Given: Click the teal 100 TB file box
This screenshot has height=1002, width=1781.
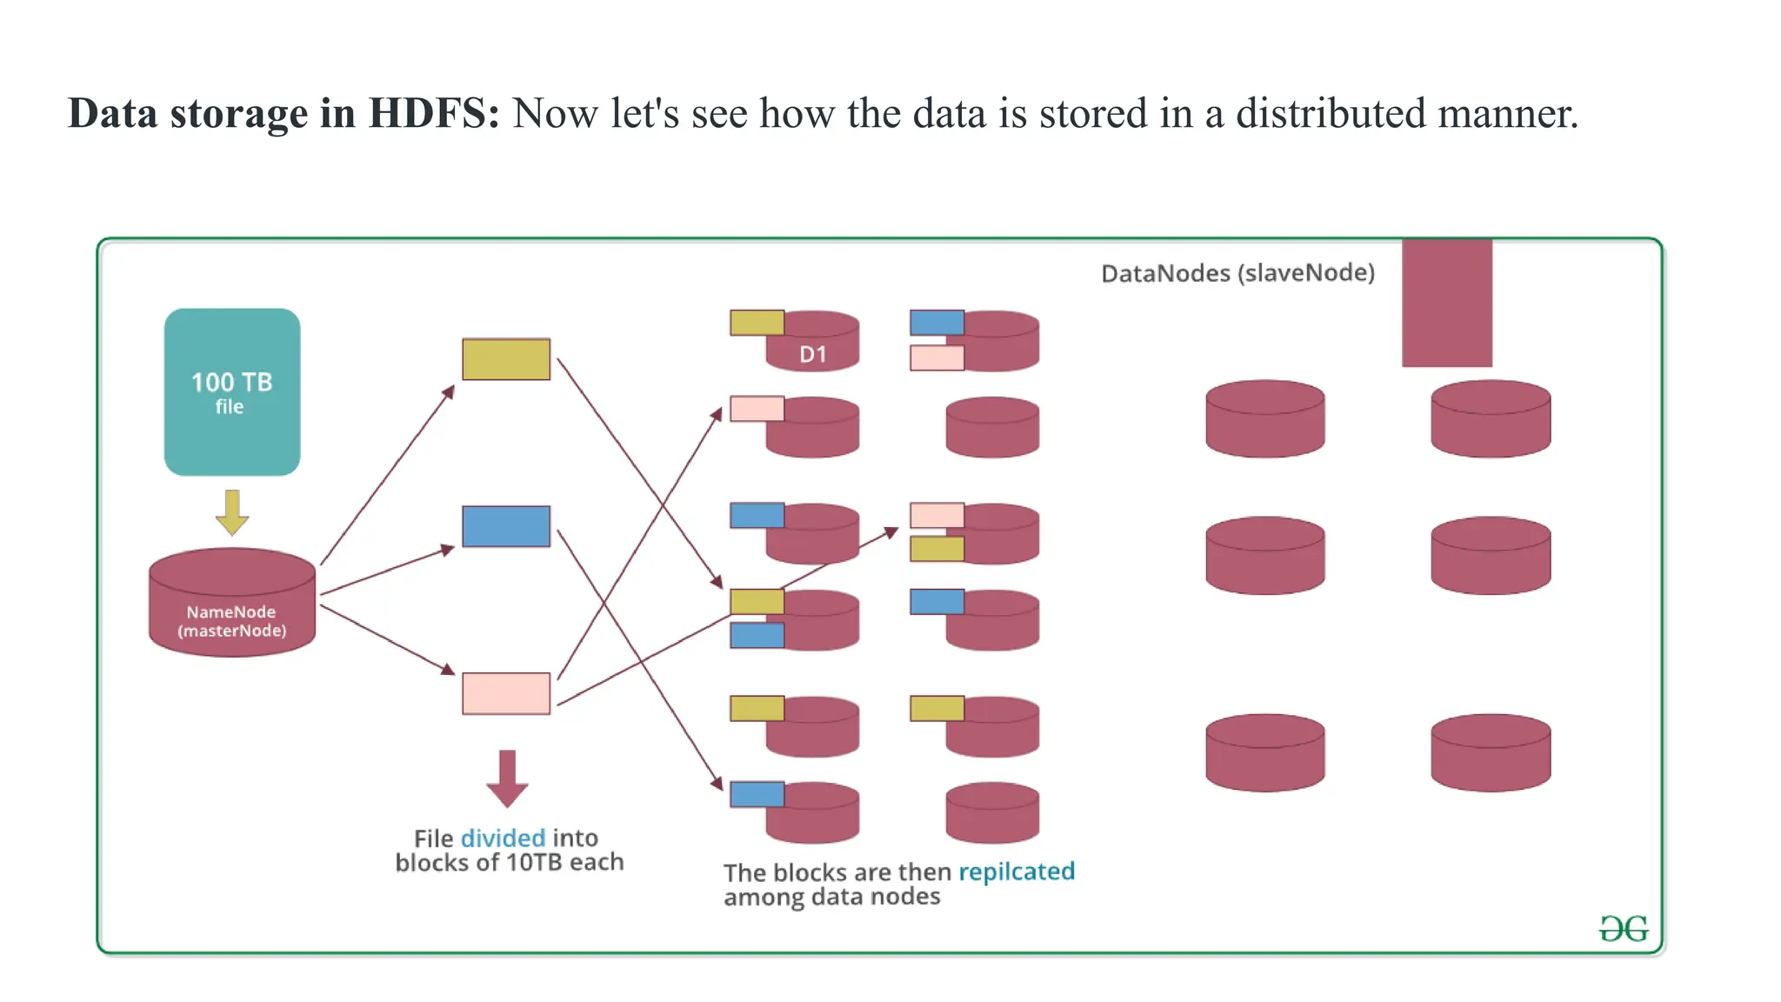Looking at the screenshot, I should [x=232, y=391].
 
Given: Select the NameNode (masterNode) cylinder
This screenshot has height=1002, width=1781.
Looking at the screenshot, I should [x=232, y=603].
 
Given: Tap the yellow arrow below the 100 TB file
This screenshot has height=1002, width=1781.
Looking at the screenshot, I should [x=232, y=512].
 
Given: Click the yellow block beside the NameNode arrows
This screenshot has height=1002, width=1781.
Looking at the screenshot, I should [x=506, y=359].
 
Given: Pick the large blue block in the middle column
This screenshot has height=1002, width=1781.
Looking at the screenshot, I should [x=506, y=526].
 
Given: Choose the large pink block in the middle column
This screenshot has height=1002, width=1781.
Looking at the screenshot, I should [x=506, y=693].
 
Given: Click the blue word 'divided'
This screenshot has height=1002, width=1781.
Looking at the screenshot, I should [x=503, y=838].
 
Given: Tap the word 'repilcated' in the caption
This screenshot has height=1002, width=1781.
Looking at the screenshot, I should [x=1017, y=871].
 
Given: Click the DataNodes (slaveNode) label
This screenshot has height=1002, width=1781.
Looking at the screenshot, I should [x=1237, y=273].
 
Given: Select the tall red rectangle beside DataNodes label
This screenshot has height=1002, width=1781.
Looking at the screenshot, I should [x=1447, y=303].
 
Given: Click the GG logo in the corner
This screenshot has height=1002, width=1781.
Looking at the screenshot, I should [x=1624, y=929].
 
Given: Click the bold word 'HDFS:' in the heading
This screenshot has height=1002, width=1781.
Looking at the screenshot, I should [x=434, y=114].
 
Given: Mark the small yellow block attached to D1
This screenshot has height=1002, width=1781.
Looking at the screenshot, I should [x=757, y=323].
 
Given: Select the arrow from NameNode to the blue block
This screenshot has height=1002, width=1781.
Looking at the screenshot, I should [x=387, y=571].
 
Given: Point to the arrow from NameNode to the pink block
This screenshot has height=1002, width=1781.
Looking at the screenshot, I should [x=387, y=639].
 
